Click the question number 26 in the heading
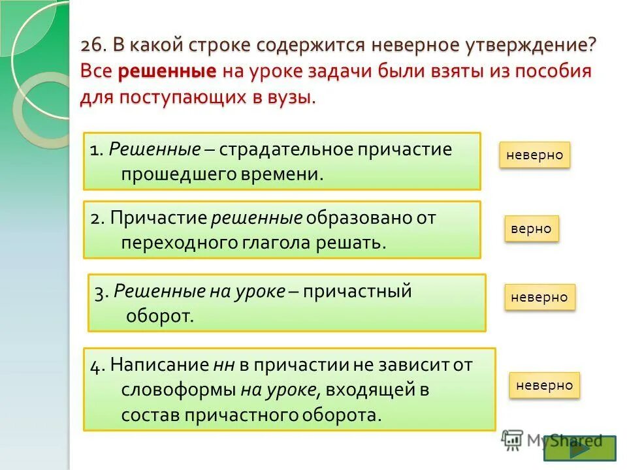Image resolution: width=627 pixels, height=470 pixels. point(93,47)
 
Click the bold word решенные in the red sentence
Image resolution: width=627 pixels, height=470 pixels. point(167,72)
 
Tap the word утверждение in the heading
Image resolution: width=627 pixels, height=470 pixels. point(531,47)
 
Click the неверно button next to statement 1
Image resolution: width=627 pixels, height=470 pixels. point(535,155)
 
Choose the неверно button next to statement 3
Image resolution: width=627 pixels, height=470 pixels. point(539,297)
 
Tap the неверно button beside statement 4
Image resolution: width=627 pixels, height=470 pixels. point(544,385)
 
